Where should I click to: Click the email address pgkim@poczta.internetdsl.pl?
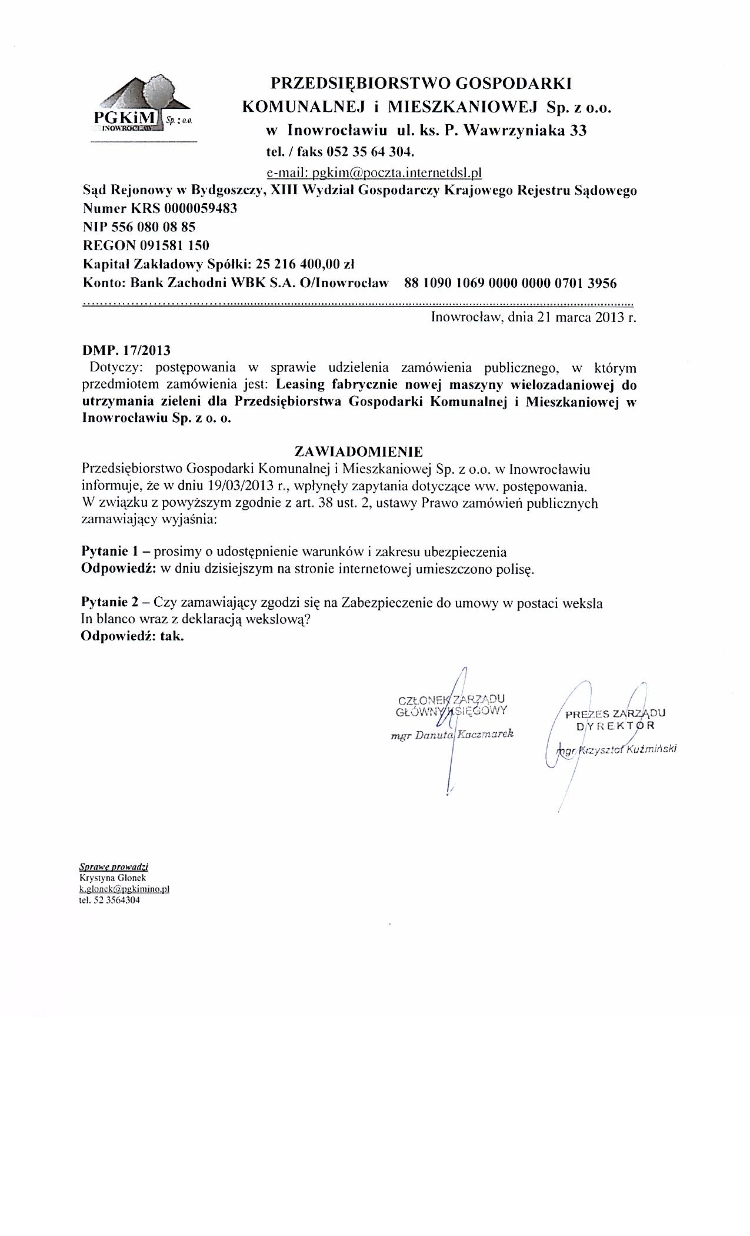pyautogui.click(x=374, y=172)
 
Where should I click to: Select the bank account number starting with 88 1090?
pyautogui.click(x=511, y=283)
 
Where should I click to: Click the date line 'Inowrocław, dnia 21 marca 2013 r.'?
pyautogui.click(x=534, y=318)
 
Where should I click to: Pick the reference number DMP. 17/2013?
pyautogui.click(x=126, y=351)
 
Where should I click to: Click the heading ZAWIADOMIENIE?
pyautogui.click(x=358, y=452)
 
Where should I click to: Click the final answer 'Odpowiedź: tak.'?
pyautogui.click(x=132, y=637)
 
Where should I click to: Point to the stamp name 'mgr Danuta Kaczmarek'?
pyautogui.click(x=452, y=735)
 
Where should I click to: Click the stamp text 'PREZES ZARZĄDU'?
pyautogui.click(x=615, y=715)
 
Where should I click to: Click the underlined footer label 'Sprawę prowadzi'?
pyautogui.click(x=114, y=867)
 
